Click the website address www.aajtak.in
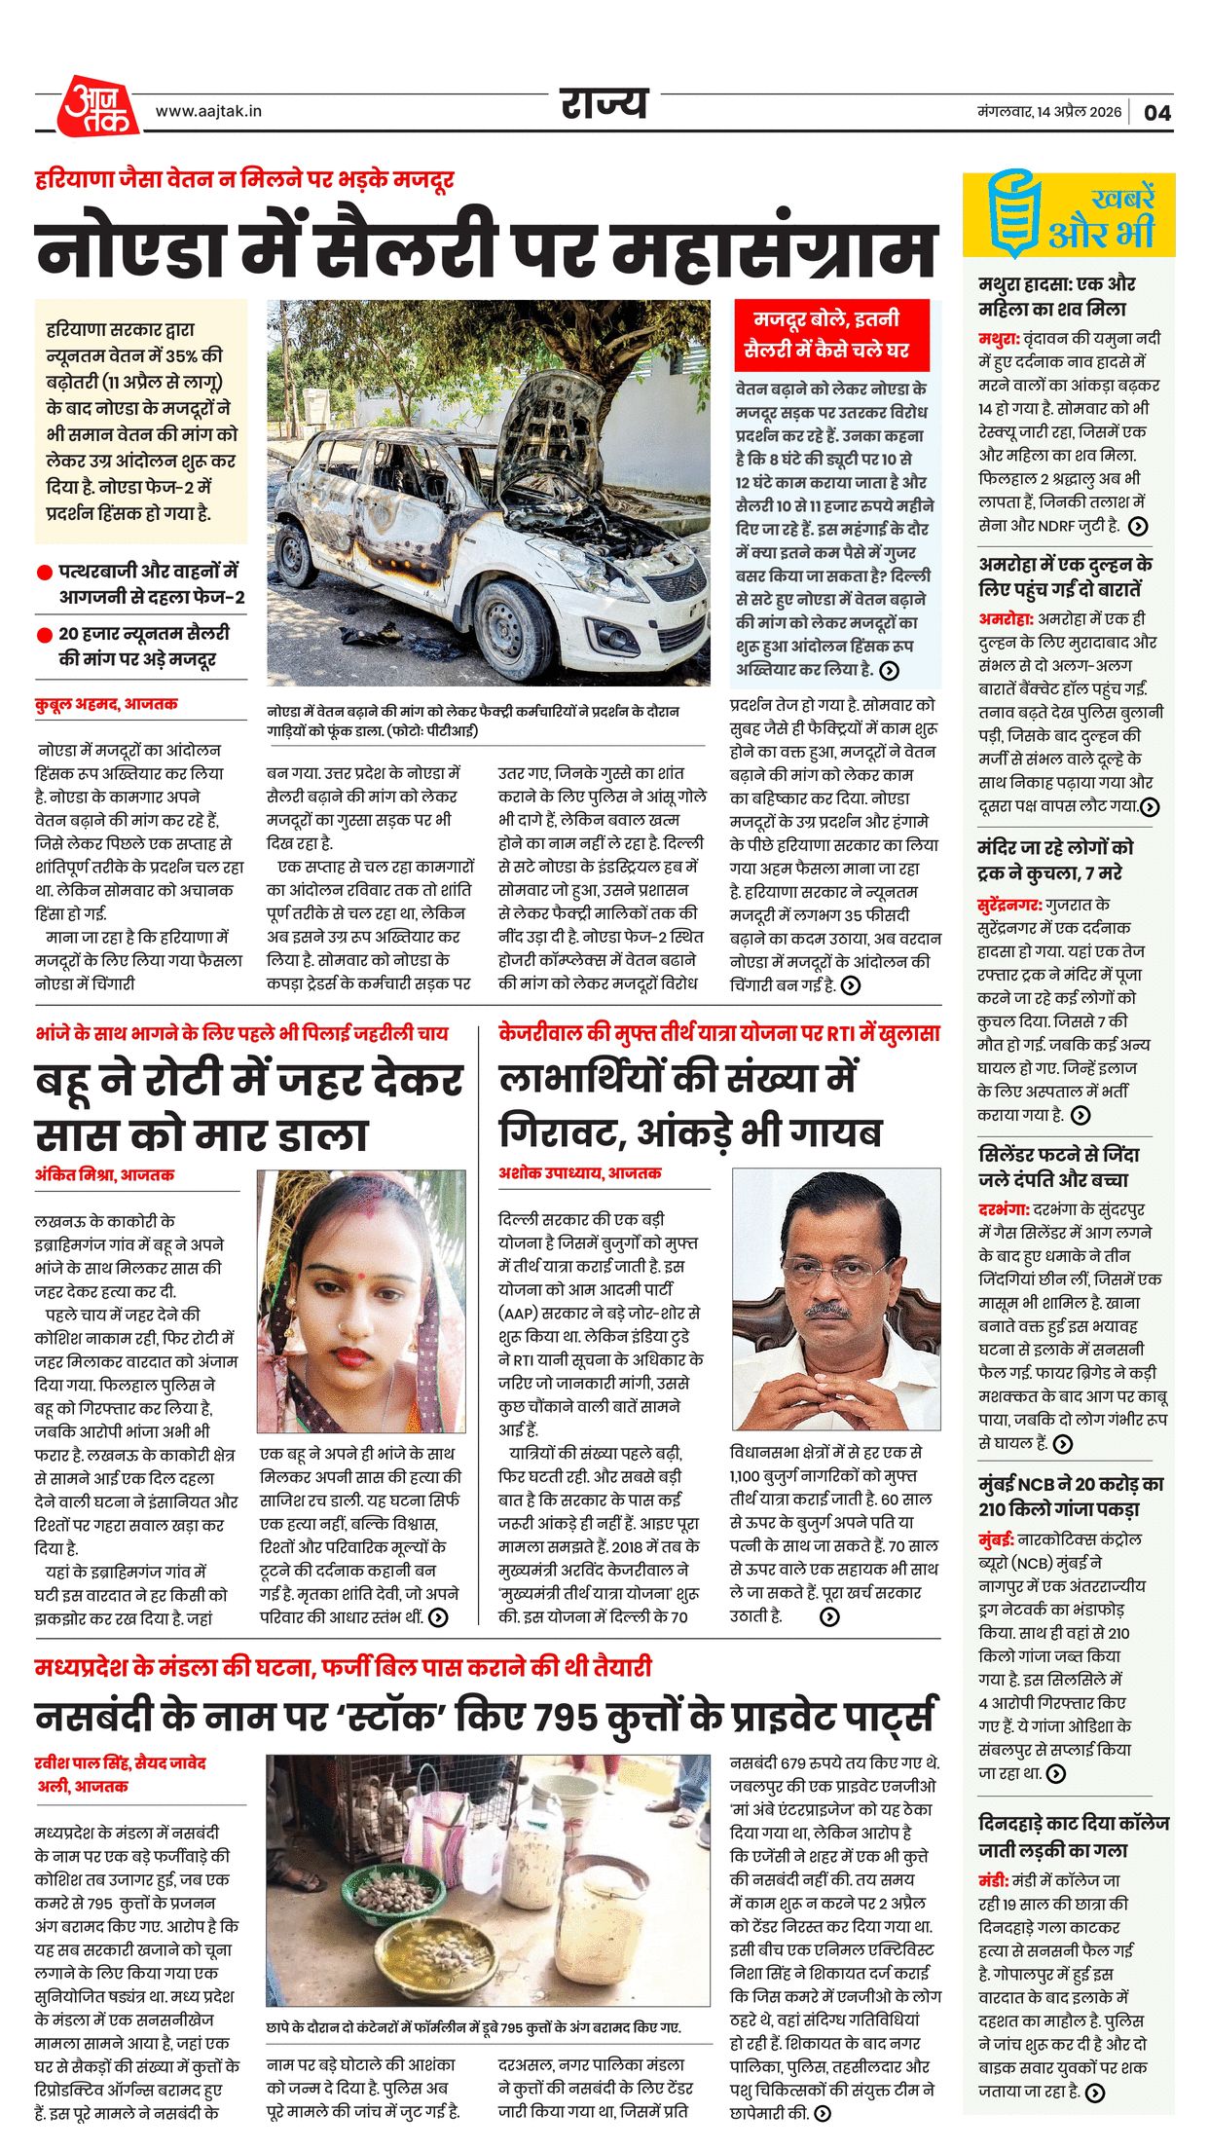[x=208, y=112]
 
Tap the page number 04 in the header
[x=1156, y=113]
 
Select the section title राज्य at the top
[x=604, y=103]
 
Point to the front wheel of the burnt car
[x=513, y=624]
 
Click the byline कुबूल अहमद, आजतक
[x=106, y=704]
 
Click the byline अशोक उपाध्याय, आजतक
[x=579, y=1173]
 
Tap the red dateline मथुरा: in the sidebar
[x=999, y=339]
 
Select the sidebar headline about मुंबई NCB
[x=1071, y=1497]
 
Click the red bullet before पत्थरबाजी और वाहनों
[x=44, y=573]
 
